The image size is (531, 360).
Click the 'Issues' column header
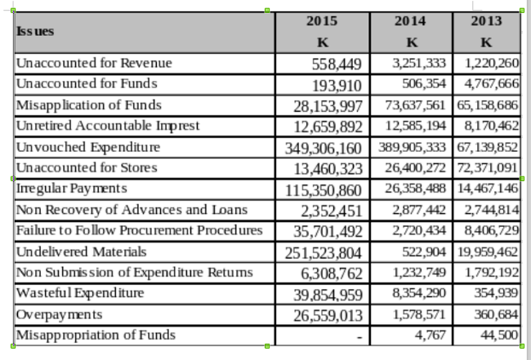35,32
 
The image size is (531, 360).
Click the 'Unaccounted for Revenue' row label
94,63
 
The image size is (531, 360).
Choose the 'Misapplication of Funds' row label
89,105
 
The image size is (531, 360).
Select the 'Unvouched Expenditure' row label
88,147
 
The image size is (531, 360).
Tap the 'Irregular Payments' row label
71,189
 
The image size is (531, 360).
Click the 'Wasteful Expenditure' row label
80,293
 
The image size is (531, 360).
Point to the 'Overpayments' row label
59,314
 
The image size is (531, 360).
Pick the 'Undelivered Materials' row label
81,251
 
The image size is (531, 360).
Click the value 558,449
337,64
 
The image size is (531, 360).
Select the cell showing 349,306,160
324,149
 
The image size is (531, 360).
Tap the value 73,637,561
415,105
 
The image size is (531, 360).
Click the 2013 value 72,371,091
488,168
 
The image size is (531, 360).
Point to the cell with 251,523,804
324,253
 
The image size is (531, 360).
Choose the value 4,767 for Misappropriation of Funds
430,335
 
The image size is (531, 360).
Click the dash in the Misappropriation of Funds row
359,337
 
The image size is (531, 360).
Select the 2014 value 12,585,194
415,126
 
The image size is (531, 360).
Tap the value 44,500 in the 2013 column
499,335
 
